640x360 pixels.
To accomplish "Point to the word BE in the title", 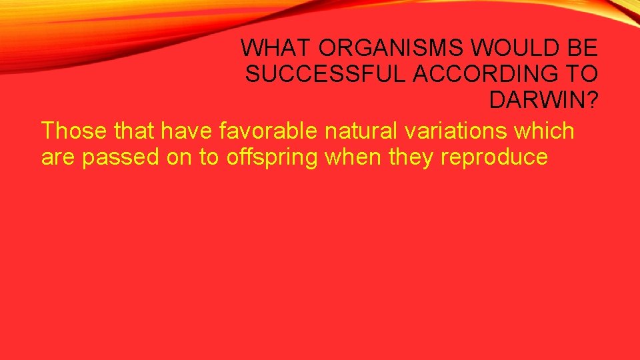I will (x=583, y=48).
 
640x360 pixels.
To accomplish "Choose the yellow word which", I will (x=544, y=131).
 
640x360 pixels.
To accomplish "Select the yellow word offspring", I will (x=261, y=158).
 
